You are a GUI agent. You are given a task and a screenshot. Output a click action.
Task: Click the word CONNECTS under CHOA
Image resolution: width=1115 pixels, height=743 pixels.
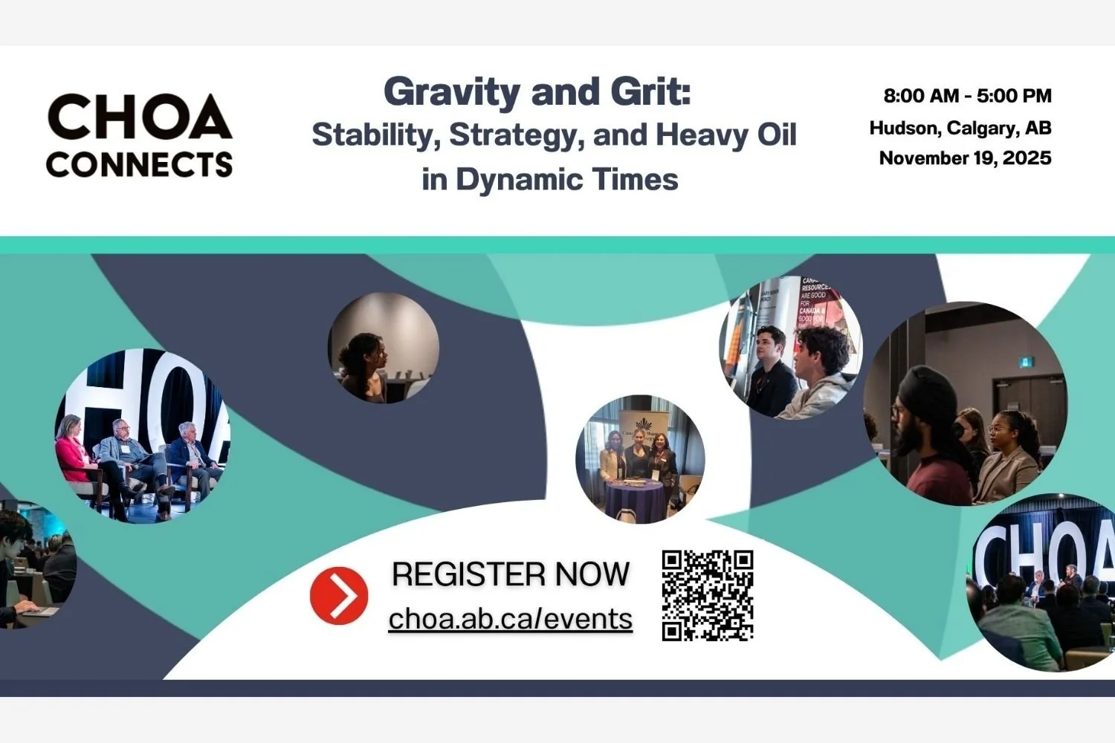coord(140,164)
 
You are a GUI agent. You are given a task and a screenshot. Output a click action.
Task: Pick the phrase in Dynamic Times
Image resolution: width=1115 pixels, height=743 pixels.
coord(550,180)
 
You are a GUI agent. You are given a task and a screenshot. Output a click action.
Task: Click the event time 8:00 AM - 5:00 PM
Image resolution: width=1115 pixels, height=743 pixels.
coord(967,96)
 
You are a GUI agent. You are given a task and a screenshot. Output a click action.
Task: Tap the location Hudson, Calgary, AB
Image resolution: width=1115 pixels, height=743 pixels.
coord(960,128)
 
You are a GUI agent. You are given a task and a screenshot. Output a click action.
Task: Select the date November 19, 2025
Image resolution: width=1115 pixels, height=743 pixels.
coord(965,158)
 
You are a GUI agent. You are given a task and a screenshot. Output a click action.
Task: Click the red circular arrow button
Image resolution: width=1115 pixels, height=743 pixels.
coord(339,595)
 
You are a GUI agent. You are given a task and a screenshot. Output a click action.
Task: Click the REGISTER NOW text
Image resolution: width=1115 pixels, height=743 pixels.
coord(511,574)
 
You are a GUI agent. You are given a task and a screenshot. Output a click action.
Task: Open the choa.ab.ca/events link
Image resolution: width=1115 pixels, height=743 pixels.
coord(511,619)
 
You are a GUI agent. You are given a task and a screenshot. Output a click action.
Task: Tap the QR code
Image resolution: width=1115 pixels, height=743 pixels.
coord(708,595)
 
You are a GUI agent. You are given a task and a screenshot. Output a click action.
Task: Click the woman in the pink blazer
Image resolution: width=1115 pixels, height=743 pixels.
coord(74,453)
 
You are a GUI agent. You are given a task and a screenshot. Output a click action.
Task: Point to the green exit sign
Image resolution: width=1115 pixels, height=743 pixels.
coord(1026,362)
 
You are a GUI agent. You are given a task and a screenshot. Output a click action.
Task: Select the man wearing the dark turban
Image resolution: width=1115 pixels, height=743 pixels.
coord(929,431)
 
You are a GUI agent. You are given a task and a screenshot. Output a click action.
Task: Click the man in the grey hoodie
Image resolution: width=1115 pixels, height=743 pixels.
coord(821,379)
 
